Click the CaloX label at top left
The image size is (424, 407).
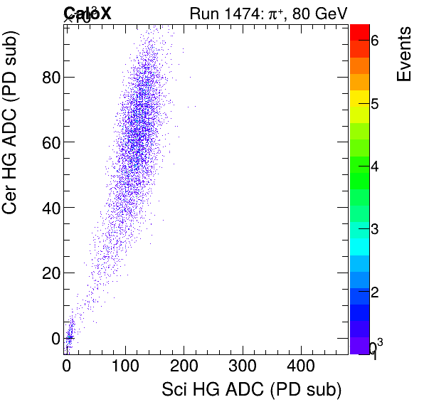coord(88,13)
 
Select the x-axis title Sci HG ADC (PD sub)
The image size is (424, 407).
coord(252,390)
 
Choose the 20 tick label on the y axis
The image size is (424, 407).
coord(50,273)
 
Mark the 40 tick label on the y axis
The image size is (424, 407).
coord(50,207)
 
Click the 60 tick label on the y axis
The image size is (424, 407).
coord(50,142)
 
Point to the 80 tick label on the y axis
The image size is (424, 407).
coord(50,76)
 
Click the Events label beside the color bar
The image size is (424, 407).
coord(403,55)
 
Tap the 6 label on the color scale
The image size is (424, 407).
coord(375,41)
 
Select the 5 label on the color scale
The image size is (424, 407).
coord(375,105)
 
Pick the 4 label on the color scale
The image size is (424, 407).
coord(375,167)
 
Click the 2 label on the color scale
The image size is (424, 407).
coord(375,293)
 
